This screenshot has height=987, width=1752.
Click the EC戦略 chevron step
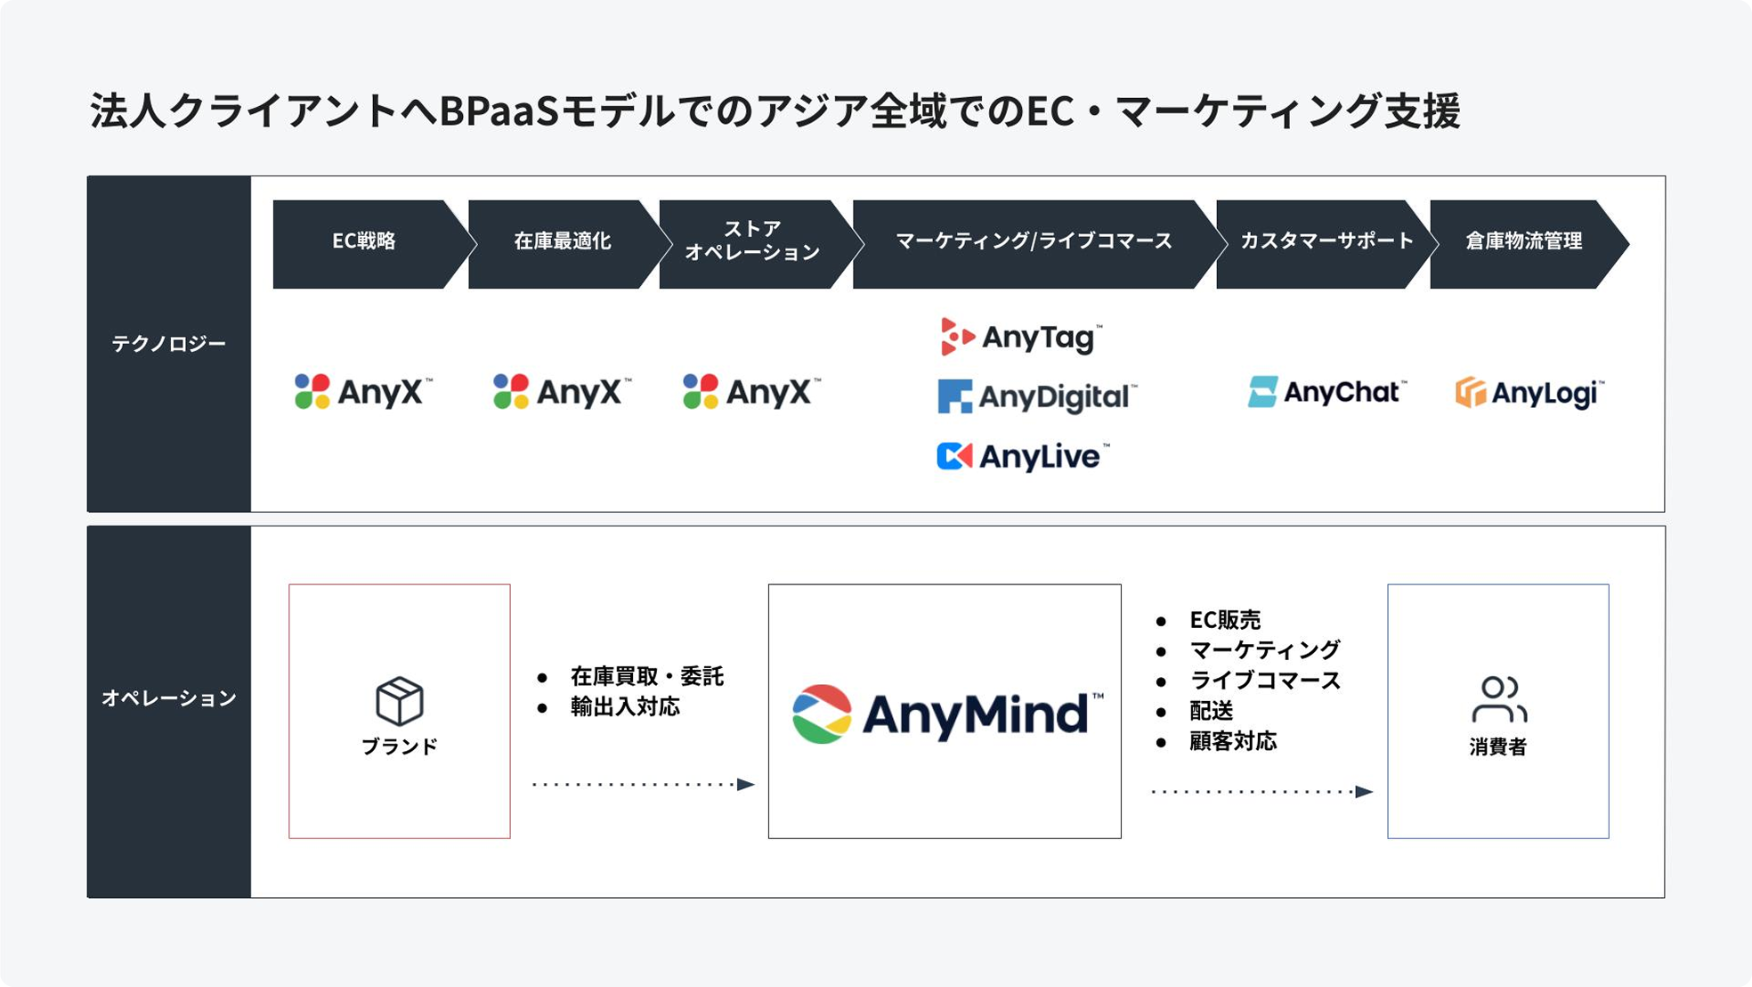pyautogui.click(x=369, y=244)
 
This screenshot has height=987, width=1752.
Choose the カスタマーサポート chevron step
pyautogui.click(x=1326, y=244)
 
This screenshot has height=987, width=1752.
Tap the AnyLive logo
pyautogui.click(x=1023, y=456)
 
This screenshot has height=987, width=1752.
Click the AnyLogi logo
pyautogui.click(x=1529, y=393)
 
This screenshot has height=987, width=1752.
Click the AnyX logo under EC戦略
pyautogui.click(x=363, y=392)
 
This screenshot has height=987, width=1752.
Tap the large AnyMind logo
pyautogui.click(x=947, y=713)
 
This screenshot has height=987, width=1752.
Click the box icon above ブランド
pyautogui.click(x=400, y=701)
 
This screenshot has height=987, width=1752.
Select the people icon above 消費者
pyautogui.click(x=1499, y=699)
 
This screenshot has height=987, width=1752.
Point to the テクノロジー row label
pyautogui.click(x=169, y=344)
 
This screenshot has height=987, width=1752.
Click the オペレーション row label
pyautogui.click(x=169, y=697)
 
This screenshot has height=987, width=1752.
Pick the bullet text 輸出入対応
pyautogui.click(x=625, y=707)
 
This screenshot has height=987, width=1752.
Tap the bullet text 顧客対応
pyautogui.click(x=1233, y=741)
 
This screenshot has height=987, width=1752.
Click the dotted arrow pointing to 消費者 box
pyautogui.click(x=1262, y=791)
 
